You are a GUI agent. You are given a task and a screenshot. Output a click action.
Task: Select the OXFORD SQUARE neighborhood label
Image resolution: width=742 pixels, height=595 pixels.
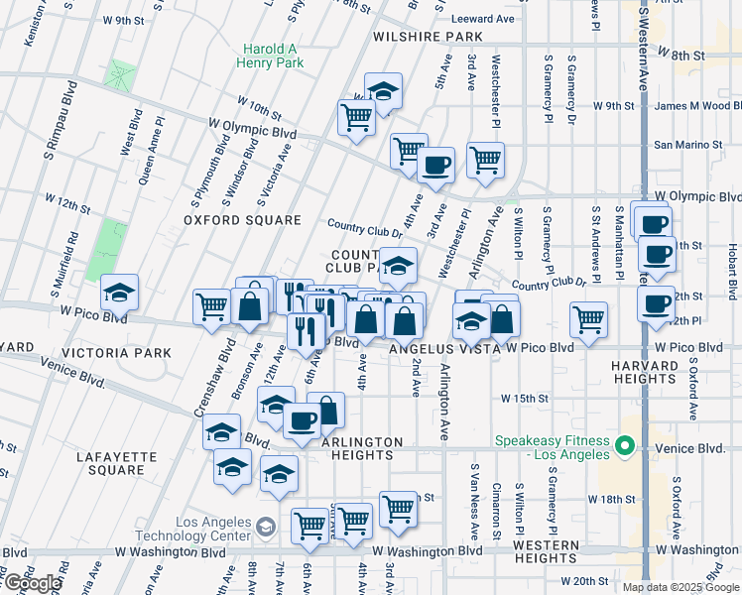242,220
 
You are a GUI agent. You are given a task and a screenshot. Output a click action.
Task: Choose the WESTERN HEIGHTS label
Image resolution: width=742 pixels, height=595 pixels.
547,551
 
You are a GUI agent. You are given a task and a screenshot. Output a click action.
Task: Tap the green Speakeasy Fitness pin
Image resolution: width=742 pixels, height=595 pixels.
625,447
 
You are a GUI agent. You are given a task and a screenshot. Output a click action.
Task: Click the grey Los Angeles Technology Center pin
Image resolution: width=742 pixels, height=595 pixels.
266,525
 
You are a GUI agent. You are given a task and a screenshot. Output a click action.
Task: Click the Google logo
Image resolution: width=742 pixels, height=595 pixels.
32,583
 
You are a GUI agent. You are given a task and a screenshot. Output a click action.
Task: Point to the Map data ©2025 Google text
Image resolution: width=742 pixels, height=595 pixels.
680,587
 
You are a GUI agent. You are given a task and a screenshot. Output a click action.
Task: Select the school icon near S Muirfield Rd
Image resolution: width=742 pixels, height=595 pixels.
120,293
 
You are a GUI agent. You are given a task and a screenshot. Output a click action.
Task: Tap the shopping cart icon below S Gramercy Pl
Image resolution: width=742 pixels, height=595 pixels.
589,319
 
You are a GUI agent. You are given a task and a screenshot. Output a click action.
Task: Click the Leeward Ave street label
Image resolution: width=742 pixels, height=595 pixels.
482,18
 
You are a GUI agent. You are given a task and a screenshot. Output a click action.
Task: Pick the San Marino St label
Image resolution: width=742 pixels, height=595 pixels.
687,145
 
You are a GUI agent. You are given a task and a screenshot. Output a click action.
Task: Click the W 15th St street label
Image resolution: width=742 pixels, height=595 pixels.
525,398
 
